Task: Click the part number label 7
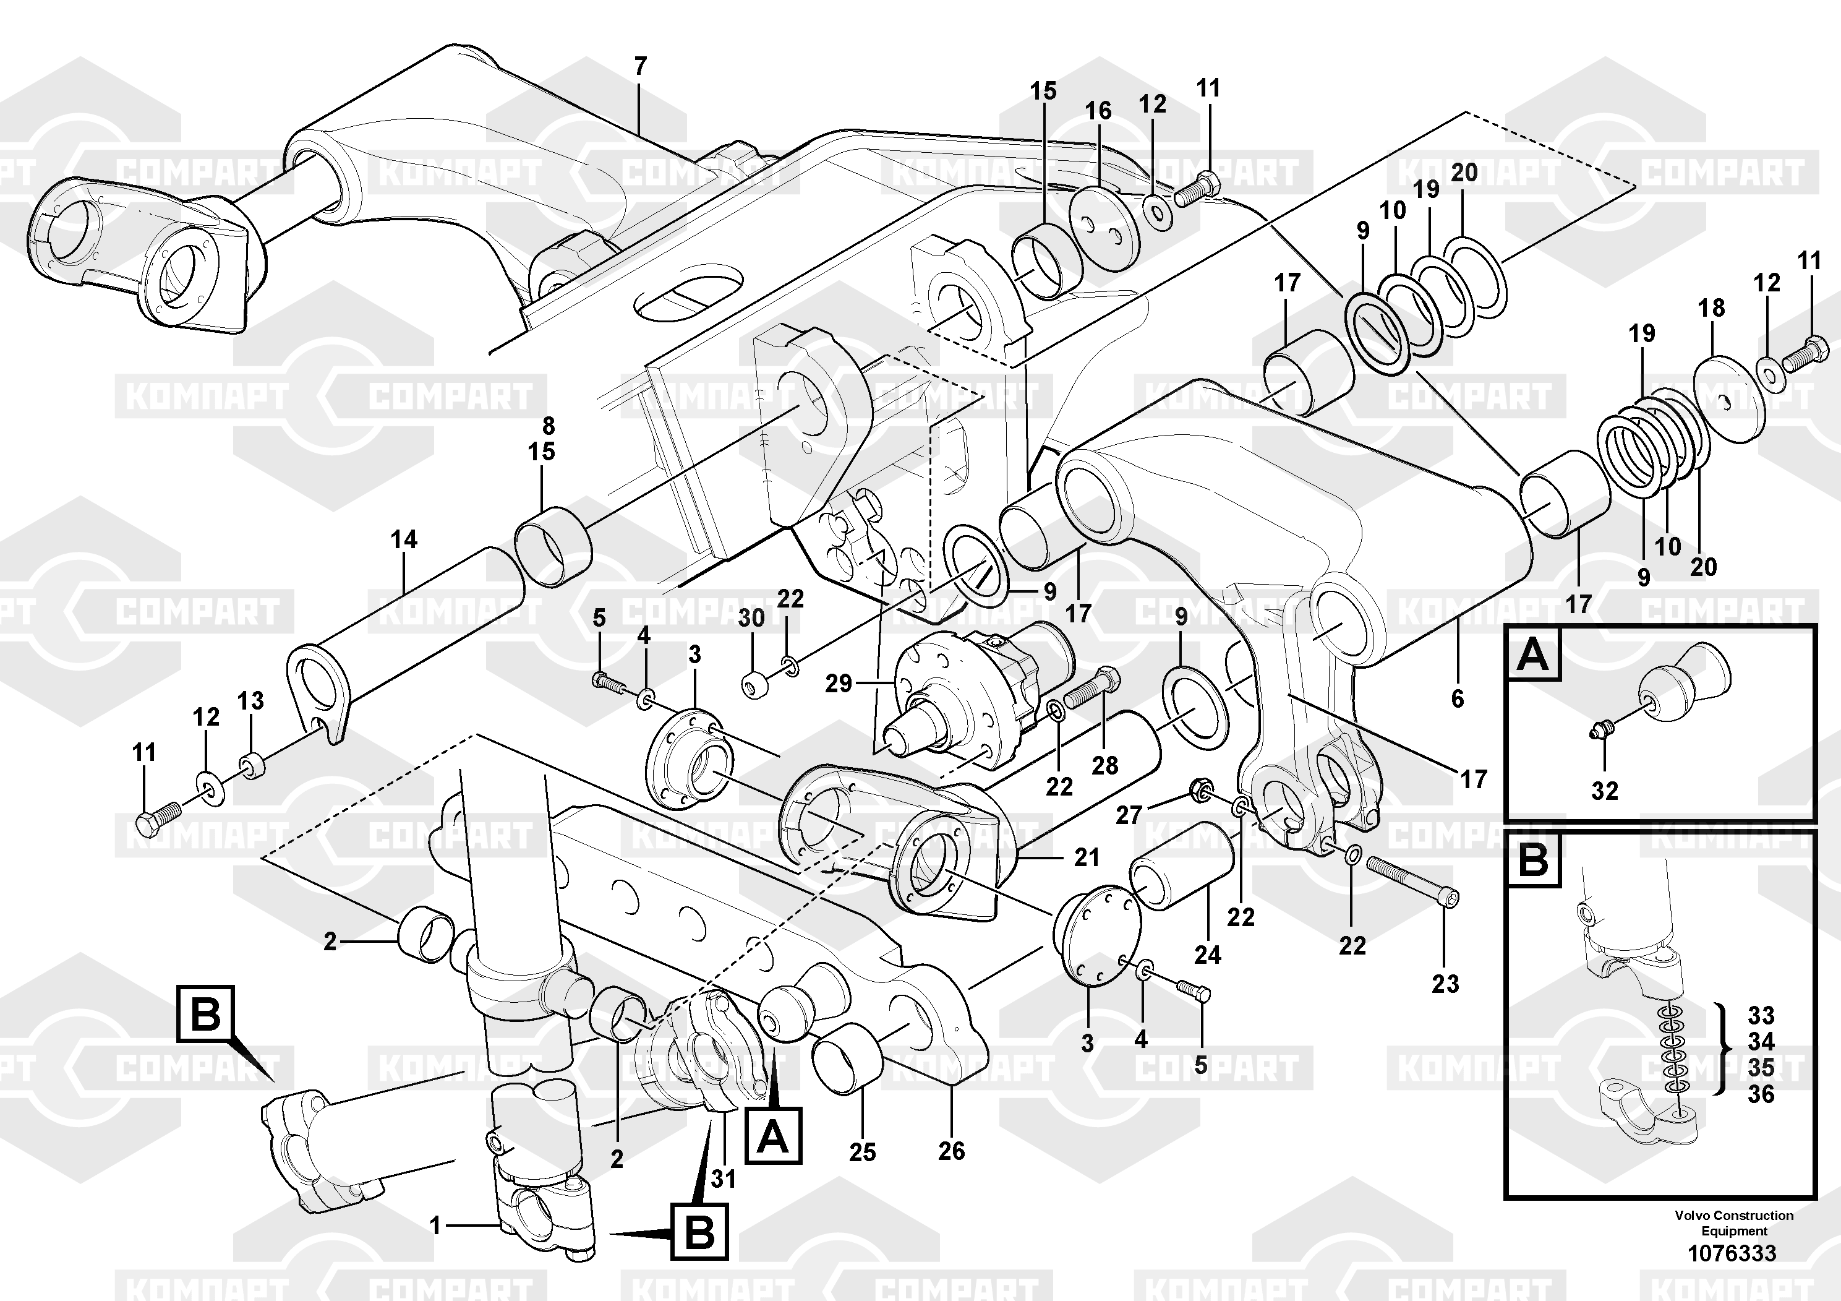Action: [x=640, y=67]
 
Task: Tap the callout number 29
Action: [x=839, y=684]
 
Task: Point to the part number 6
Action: [x=1457, y=698]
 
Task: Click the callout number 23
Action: [x=1445, y=984]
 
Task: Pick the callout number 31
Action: [x=724, y=1179]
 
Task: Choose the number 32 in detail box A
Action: [x=1605, y=791]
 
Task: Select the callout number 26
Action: [x=951, y=1151]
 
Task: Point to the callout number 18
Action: [x=1711, y=308]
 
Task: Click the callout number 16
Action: [x=1098, y=111]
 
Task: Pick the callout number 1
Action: [x=435, y=1225]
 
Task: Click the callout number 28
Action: [x=1104, y=766]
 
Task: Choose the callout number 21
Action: [x=1087, y=857]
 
